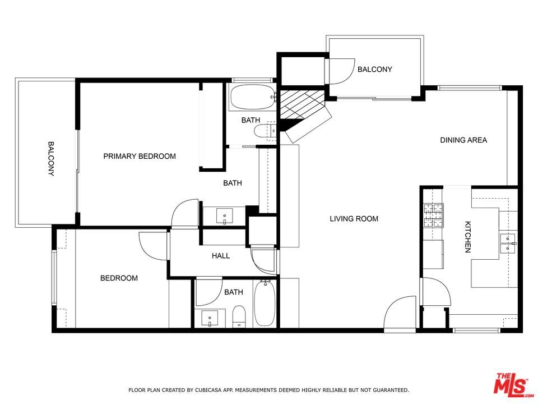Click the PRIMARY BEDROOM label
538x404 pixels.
140,157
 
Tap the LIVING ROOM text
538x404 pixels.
354,219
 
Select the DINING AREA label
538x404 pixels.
463,140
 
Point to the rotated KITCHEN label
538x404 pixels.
467,237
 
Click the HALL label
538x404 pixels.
221,256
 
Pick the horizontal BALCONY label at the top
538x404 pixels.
375,70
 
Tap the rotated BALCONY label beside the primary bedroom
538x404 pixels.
51,158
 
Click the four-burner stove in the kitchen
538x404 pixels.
433,215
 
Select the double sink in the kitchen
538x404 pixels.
508,243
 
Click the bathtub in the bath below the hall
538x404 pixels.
265,303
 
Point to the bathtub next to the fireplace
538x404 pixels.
253,97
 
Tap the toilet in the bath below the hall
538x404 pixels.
239,316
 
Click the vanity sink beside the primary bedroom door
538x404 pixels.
224,216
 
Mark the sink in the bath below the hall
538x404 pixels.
209,319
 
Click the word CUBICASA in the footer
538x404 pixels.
209,390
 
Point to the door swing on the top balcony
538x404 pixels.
340,71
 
